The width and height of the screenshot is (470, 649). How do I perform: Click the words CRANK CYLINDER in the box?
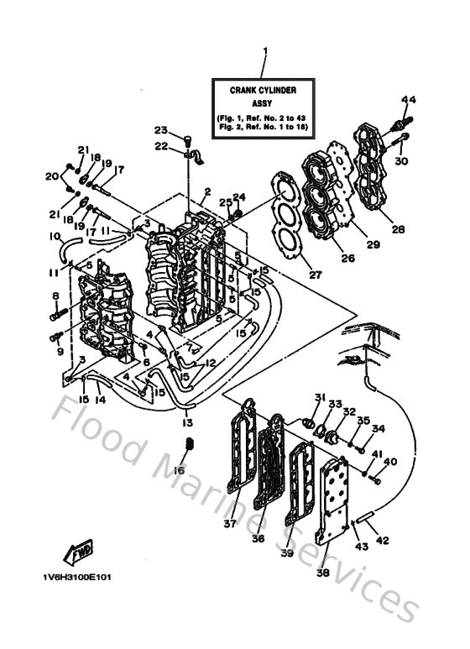point(264,89)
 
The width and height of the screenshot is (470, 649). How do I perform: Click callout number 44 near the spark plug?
point(407,100)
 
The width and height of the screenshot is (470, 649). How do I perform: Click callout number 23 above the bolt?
point(159,129)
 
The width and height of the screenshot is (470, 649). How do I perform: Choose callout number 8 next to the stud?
point(56,296)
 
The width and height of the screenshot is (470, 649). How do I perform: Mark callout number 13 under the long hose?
point(188,421)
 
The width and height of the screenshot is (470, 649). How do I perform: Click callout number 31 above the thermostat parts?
point(319,396)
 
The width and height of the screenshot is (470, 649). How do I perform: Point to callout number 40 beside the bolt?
point(390,461)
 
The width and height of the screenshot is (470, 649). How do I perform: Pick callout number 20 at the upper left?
point(50,175)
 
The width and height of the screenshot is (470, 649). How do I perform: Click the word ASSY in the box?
point(264,101)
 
